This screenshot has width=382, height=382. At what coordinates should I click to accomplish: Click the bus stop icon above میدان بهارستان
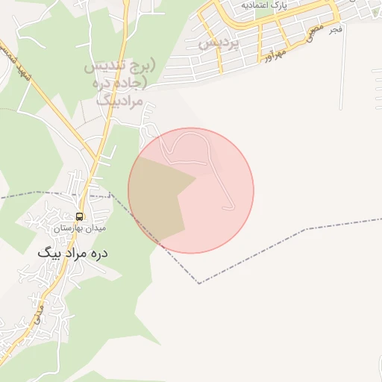[x=79, y=216]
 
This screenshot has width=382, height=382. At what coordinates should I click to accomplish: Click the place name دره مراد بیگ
[x=73, y=253]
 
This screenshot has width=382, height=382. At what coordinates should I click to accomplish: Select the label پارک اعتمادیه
[x=263, y=6]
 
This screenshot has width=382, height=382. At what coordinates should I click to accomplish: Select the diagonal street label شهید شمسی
[x=16, y=61]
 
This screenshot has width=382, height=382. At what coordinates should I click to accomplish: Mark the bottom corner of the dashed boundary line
[x=199, y=284]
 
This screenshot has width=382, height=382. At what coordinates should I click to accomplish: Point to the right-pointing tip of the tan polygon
[x=196, y=177]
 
